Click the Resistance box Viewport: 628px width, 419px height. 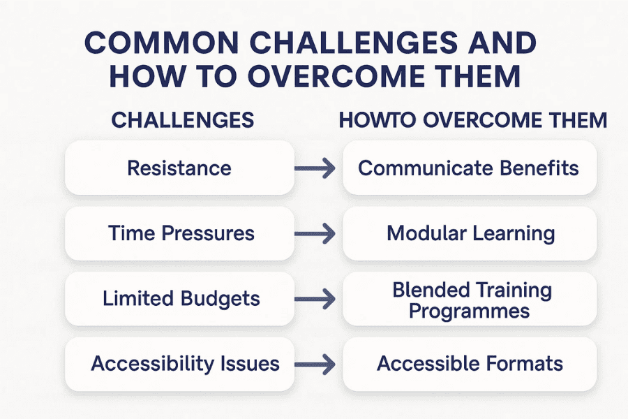179,168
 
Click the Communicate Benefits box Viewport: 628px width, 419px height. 469,168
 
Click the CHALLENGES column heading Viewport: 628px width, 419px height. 183,120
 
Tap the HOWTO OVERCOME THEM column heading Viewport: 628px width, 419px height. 472,120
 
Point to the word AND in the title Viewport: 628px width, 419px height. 500,43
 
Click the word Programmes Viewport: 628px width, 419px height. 469,309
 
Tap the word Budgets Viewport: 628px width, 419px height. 220,299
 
